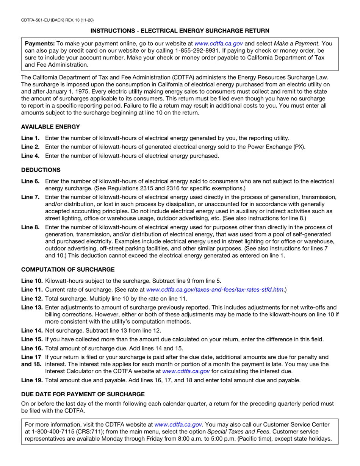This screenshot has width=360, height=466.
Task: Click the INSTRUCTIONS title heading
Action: [180, 30]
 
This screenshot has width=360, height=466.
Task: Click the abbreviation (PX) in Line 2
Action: [299, 147]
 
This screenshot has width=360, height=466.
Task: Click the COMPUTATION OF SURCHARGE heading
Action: [67, 269]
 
